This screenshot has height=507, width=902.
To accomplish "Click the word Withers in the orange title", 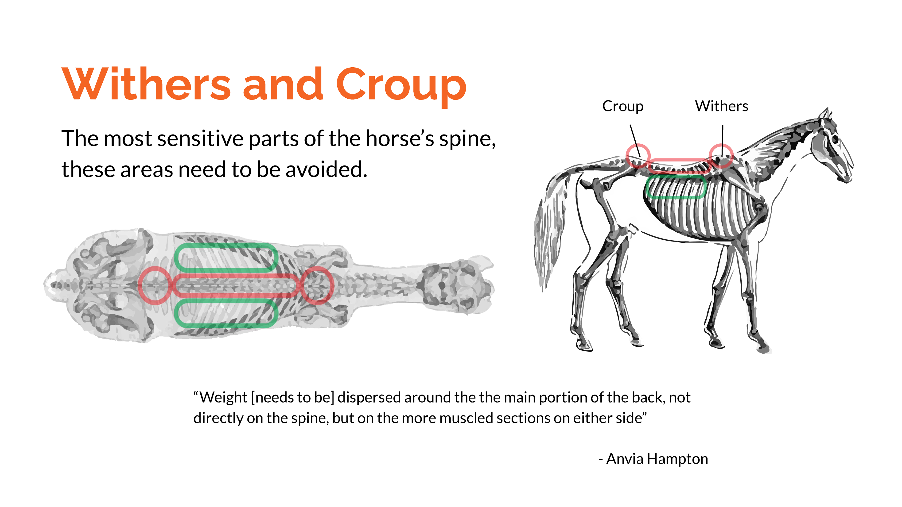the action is (146, 84).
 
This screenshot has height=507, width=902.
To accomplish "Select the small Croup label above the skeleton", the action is (622, 106).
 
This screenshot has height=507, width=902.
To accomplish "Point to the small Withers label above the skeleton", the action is (721, 106).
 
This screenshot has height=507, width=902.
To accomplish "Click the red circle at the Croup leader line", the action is (638, 156).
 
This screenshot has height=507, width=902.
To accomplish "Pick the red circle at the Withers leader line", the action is (721, 156).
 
